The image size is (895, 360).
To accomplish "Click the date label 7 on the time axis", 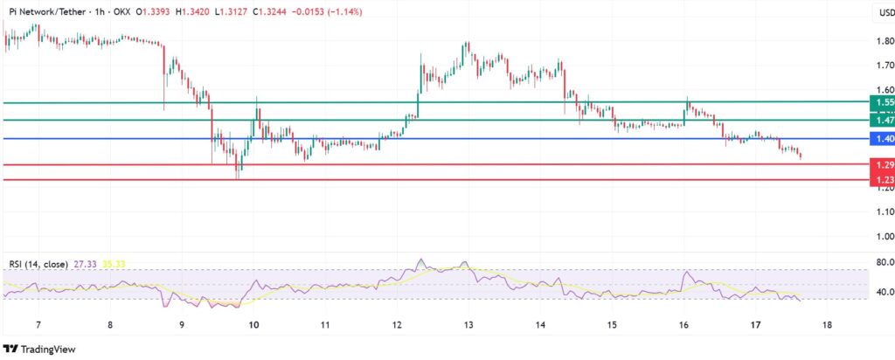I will pyautogui.click(x=38, y=325).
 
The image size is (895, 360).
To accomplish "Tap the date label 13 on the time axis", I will pyautogui.click(x=468, y=325).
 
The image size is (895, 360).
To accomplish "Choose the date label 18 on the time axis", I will pyautogui.click(x=827, y=325).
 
